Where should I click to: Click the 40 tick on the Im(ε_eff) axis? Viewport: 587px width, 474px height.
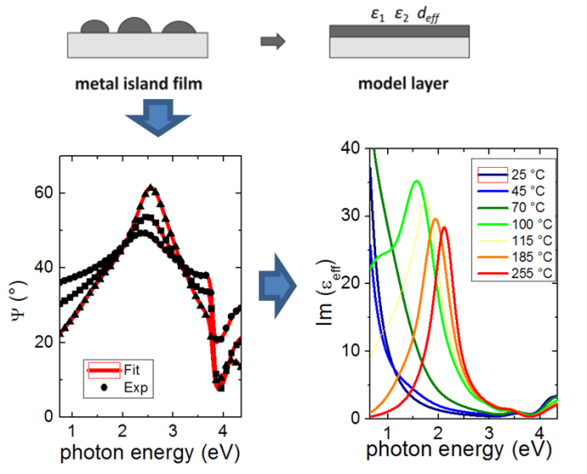(x=352, y=148)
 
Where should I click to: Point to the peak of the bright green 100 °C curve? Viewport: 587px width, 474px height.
(x=417, y=181)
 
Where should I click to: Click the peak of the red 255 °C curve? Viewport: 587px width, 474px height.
(x=444, y=227)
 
